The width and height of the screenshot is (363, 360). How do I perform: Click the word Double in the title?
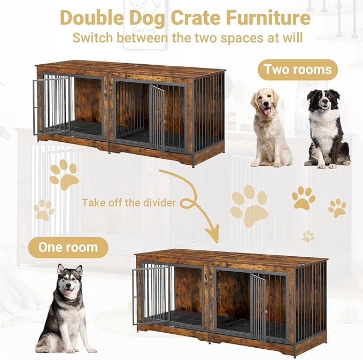[91, 18]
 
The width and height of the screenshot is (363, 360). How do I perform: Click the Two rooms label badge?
[298, 70]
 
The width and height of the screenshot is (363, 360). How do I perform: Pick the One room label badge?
[68, 248]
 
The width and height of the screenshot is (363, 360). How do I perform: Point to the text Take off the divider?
[129, 203]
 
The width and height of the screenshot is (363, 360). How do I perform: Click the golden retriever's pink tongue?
[267, 112]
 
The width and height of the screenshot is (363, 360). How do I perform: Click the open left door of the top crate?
[51, 106]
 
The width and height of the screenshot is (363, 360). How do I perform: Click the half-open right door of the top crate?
[157, 118]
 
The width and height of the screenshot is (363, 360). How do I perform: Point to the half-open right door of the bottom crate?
[258, 307]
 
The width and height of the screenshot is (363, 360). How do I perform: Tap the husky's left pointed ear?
[60, 270]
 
